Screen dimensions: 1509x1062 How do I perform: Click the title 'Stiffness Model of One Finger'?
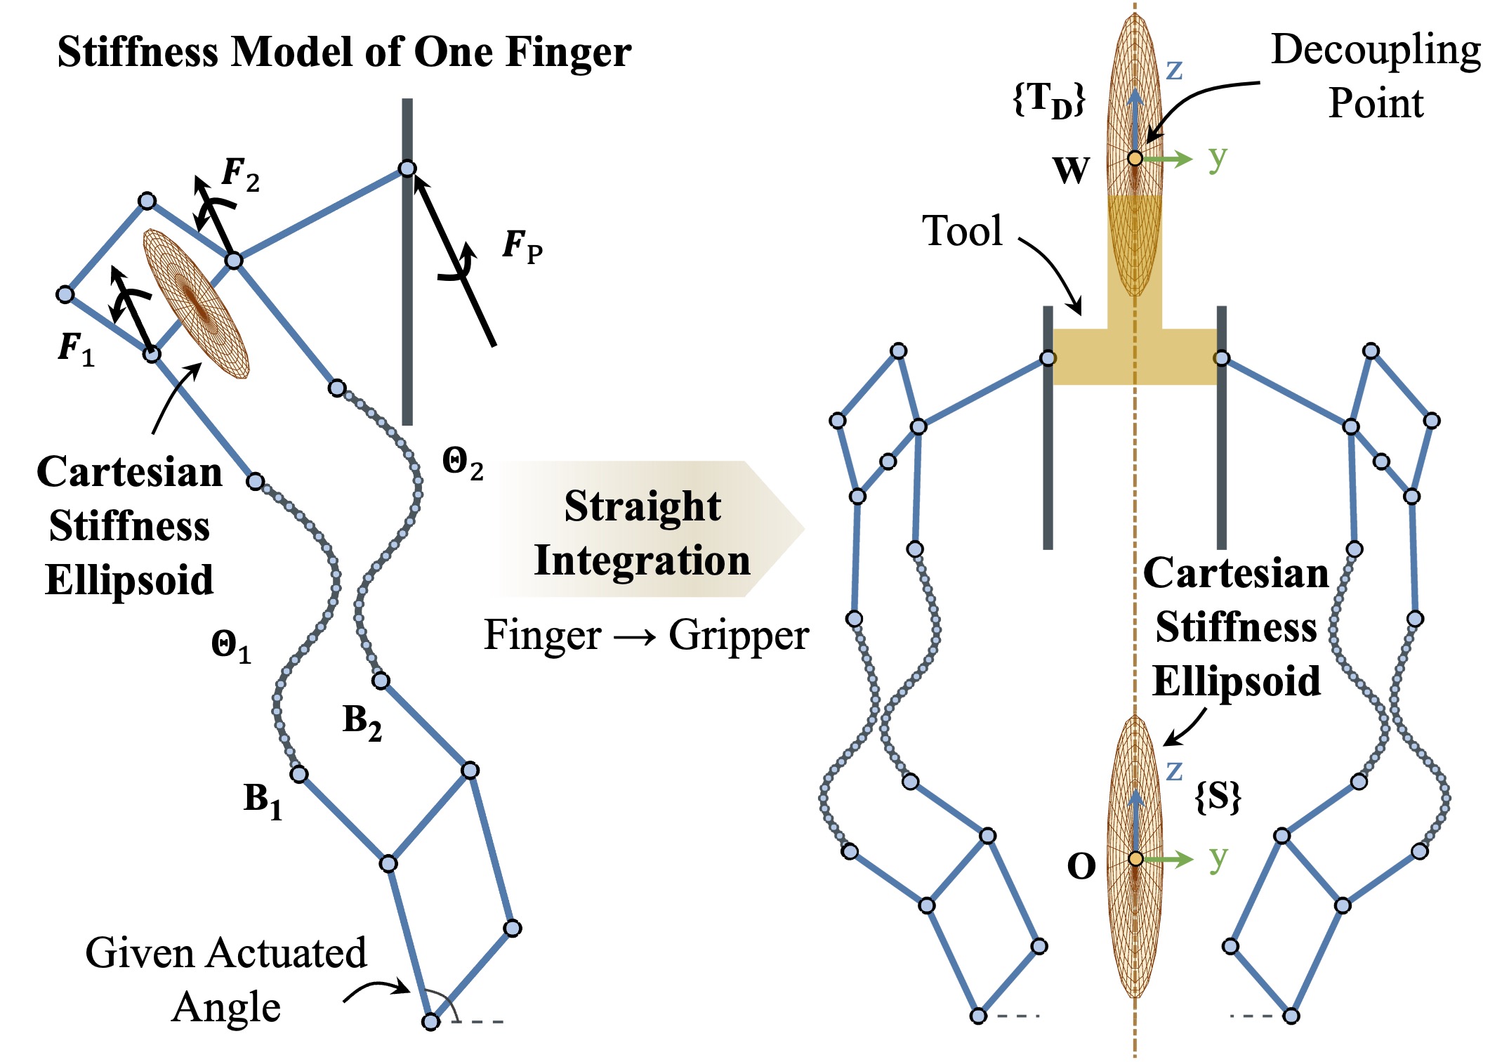(344, 52)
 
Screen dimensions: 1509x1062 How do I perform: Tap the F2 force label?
(241, 174)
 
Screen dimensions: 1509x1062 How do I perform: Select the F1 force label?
(76, 348)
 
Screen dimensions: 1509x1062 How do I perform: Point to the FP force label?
(522, 247)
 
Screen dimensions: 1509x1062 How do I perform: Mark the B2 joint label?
(362, 723)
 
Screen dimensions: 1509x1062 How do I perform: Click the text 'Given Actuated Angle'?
(226, 980)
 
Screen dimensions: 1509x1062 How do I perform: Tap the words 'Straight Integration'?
(643, 533)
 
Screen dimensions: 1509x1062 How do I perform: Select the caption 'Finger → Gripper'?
(646, 635)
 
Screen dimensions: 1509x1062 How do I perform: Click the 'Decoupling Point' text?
(1376, 77)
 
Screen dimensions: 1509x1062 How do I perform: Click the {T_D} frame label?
(1049, 100)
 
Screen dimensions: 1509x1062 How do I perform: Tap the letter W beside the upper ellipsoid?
(1072, 170)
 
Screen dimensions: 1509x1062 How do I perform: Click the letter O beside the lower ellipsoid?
(1081, 867)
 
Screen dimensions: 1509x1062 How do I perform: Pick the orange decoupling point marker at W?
(1135, 159)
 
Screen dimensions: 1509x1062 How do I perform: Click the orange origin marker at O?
(1135, 858)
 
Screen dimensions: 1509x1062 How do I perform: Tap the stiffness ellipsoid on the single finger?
(197, 304)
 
